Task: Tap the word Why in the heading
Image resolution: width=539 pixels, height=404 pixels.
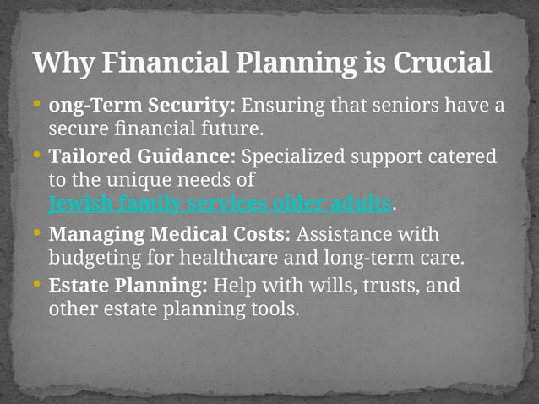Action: [61, 63]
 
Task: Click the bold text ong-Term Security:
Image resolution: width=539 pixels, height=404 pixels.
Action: [142, 107]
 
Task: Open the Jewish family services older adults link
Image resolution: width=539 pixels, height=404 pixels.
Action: [220, 204]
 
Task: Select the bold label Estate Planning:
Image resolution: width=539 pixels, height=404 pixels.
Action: [129, 286]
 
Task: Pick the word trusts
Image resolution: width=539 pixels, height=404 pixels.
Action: [396, 286]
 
